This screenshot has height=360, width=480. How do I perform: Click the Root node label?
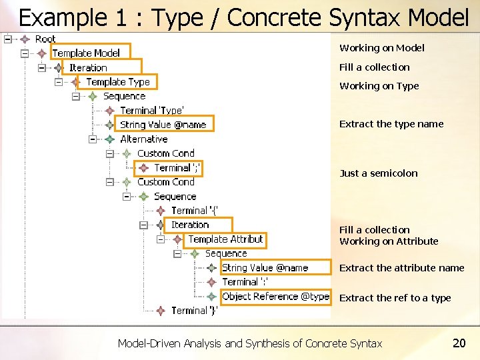[x=45, y=39]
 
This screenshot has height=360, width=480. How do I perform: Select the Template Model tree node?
[x=86, y=53]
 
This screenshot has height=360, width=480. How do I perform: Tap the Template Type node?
[x=118, y=82]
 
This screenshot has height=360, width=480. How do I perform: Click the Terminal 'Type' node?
[x=152, y=110]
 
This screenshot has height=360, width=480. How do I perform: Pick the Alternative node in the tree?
[x=143, y=139]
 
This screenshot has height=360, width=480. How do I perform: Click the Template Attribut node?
[x=225, y=239]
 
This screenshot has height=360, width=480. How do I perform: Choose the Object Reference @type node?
[x=275, y=297]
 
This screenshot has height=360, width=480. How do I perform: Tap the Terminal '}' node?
[x=194, y=311]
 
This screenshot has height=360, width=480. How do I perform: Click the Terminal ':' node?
[x=244, y=282]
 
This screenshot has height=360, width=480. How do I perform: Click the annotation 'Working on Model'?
[x=381, y=48]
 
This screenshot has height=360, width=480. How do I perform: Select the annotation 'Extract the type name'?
[x=391, y=124]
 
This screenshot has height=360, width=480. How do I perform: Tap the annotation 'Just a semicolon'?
[x=378, y=173]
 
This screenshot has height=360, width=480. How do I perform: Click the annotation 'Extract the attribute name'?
[x=401, y=268]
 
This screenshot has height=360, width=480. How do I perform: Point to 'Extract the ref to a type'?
[x=395, y=298]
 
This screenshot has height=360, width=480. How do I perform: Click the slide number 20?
[x=459, y=343]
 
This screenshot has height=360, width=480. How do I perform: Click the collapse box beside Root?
[x=7, y=39]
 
